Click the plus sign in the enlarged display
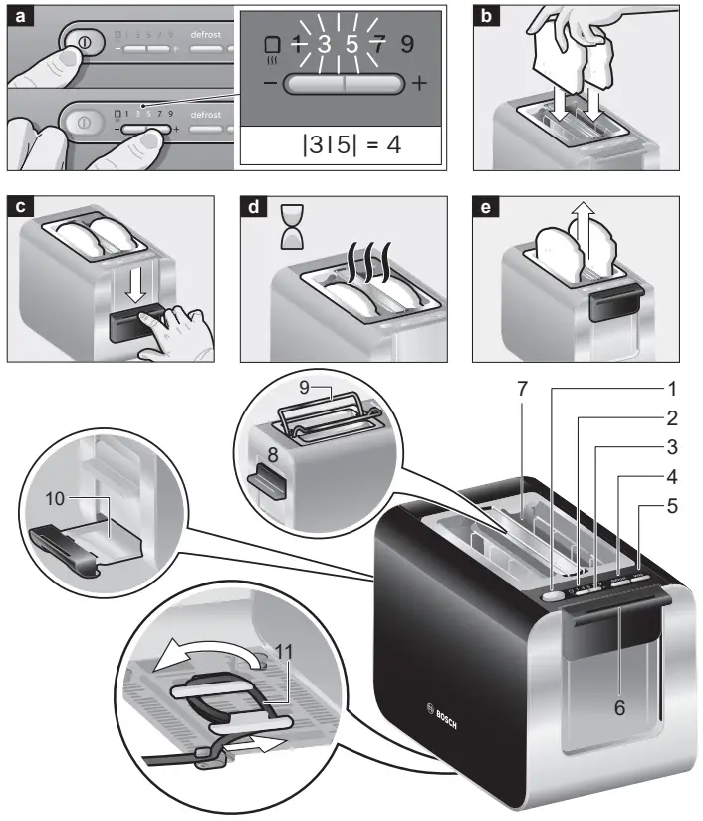pyautogui.click(x=418, y=84)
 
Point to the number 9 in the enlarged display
pyautogui.click(x=407, y=44)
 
